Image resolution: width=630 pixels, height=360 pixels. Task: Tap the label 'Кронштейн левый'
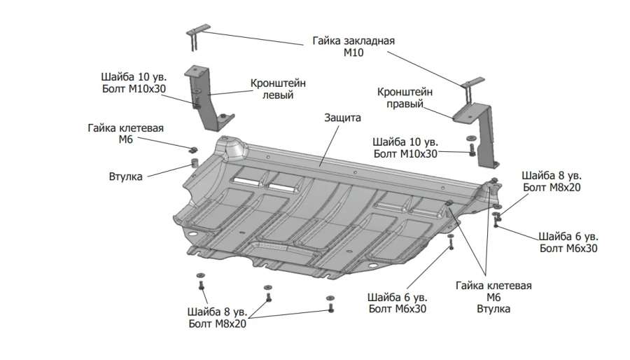272,89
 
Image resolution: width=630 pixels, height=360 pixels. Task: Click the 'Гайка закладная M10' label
353,47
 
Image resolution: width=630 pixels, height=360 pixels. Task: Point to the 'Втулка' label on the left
126,176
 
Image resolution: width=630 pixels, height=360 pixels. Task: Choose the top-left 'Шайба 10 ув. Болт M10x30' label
132,83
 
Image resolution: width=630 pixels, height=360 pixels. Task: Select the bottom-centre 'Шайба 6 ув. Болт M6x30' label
397,302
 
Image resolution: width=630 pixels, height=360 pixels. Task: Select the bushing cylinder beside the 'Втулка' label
189,166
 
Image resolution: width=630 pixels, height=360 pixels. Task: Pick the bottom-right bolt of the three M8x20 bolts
331,305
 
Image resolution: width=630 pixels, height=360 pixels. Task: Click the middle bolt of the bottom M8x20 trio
267,296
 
